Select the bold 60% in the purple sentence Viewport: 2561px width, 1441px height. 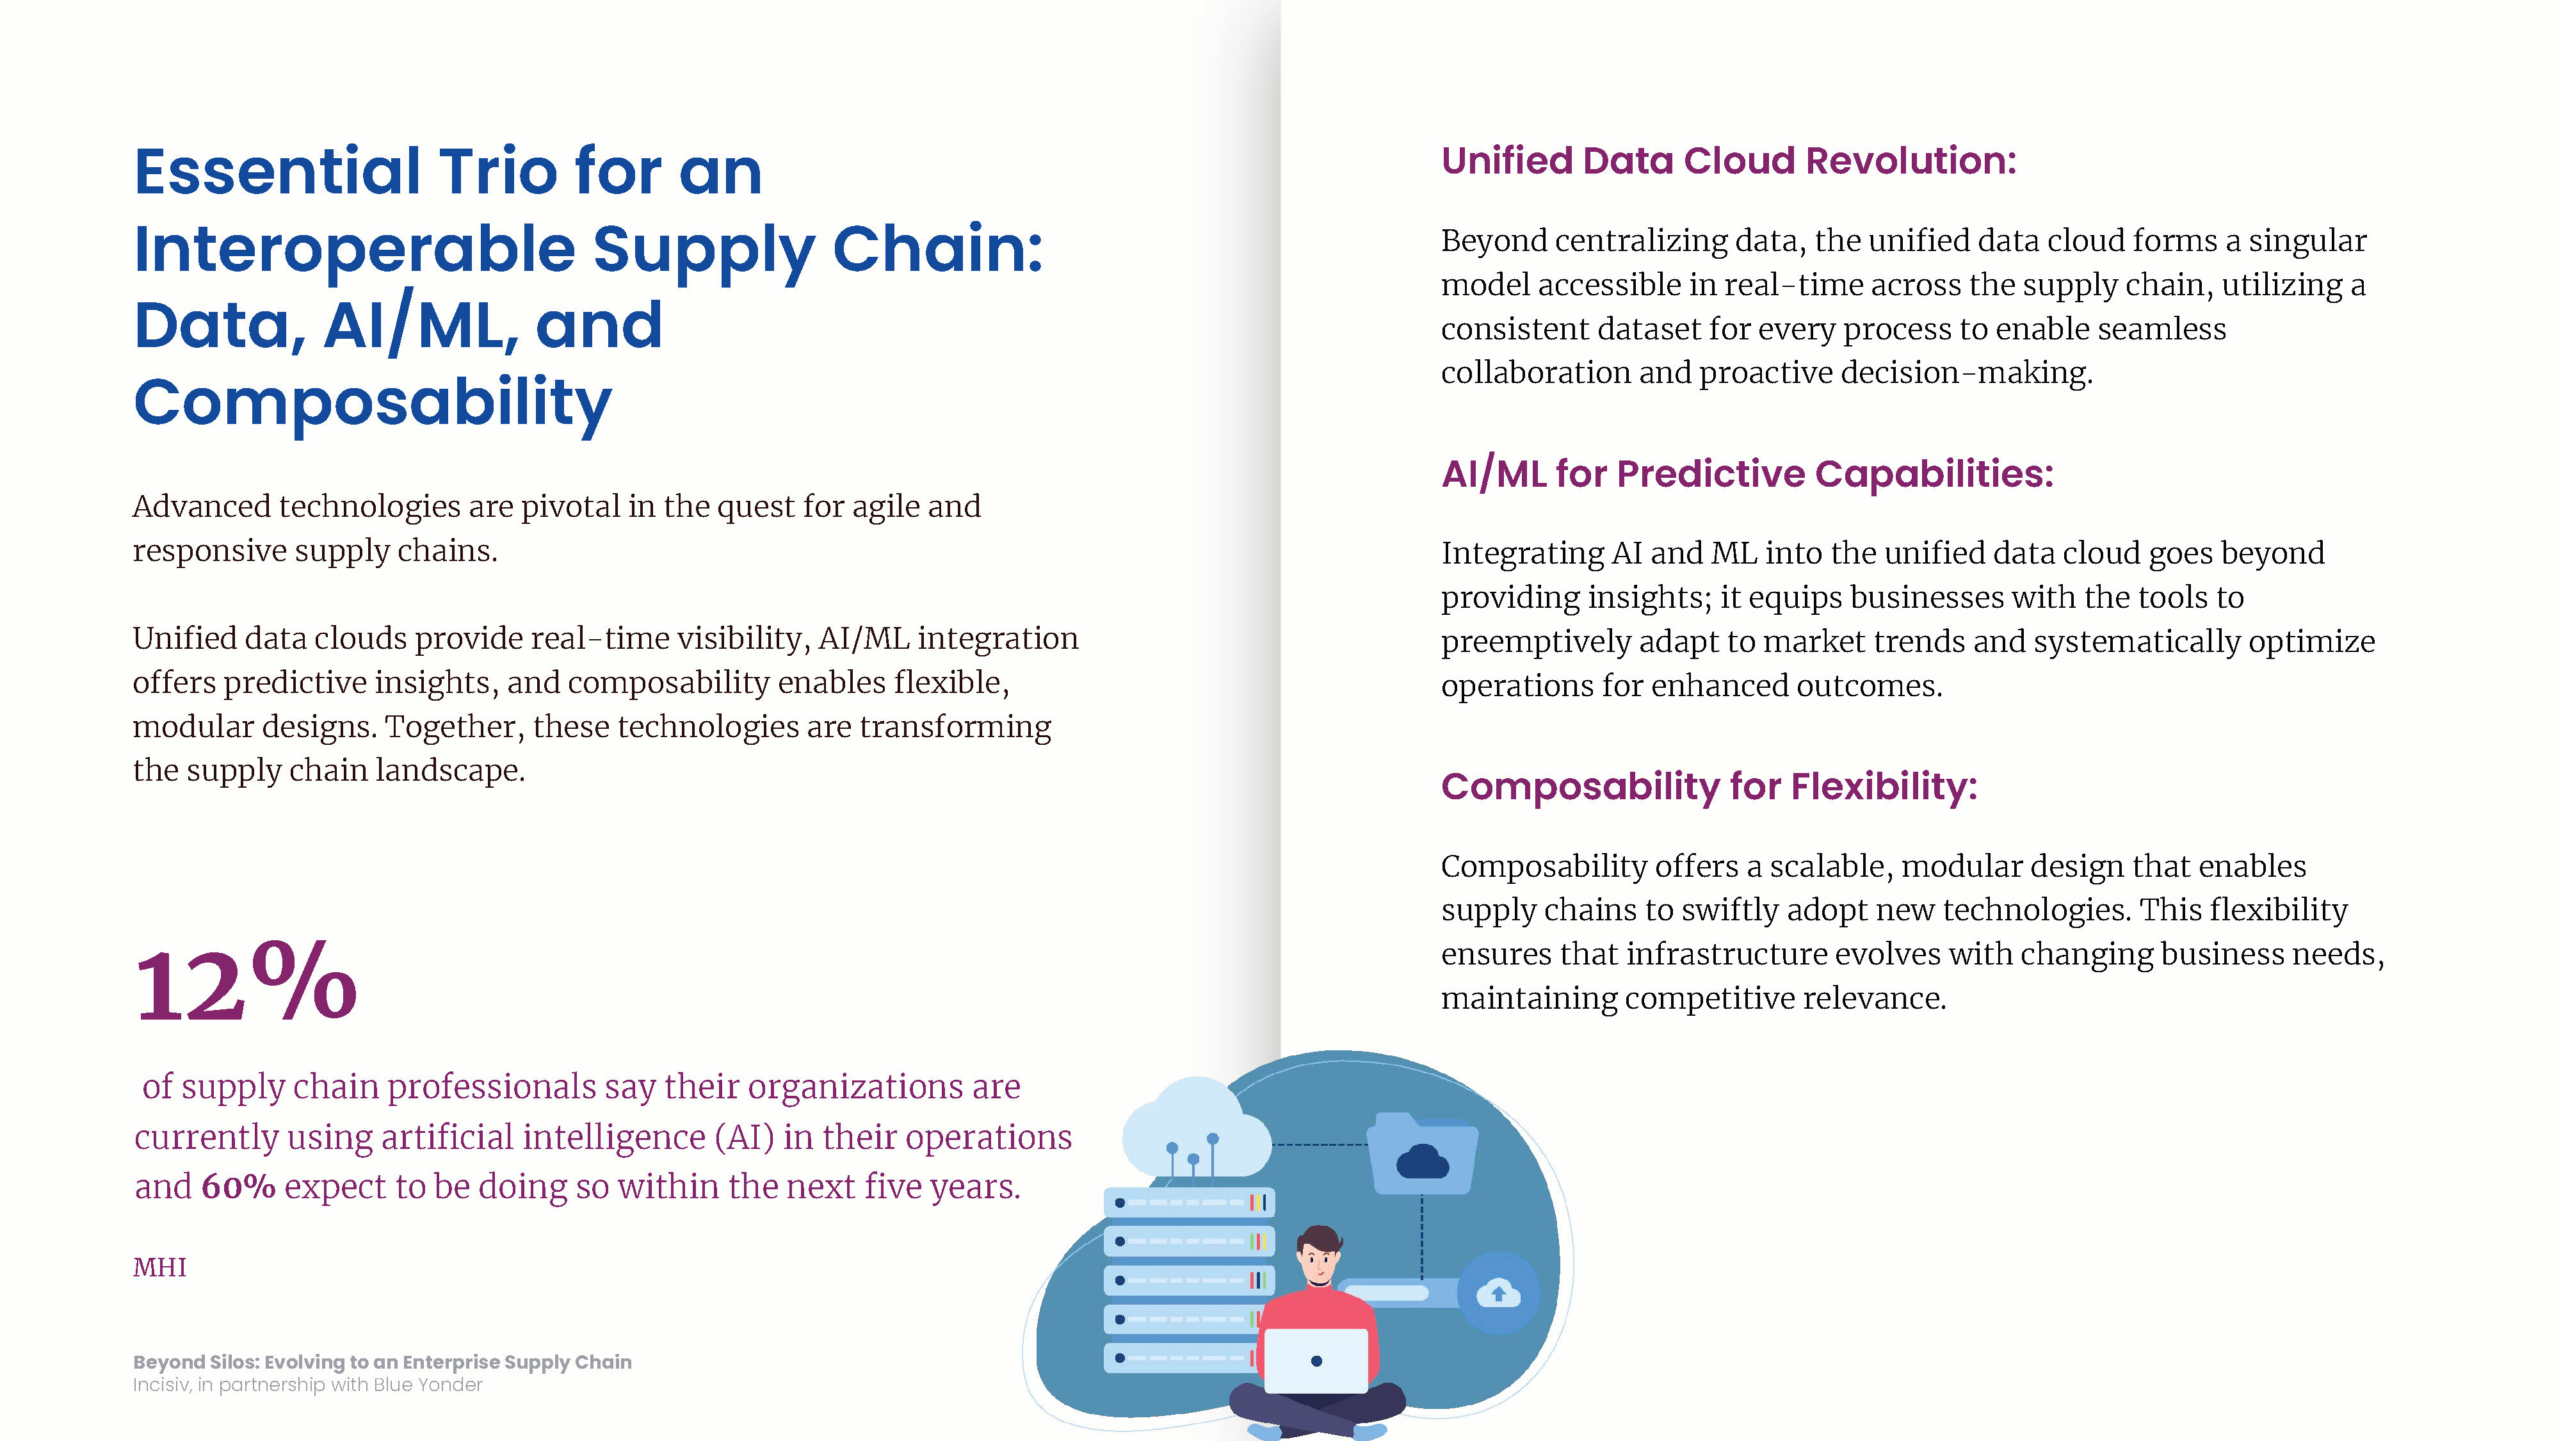[239, 1186]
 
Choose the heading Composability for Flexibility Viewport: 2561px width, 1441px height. [1709, 786]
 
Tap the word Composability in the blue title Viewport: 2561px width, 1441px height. [373, 403]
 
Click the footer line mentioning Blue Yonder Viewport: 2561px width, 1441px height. [308, 1384]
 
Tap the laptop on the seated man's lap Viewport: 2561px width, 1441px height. [1315, 1360]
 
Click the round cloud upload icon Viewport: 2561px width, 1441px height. [1498, 1293]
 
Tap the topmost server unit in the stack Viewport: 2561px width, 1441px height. [1189, 1202]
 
